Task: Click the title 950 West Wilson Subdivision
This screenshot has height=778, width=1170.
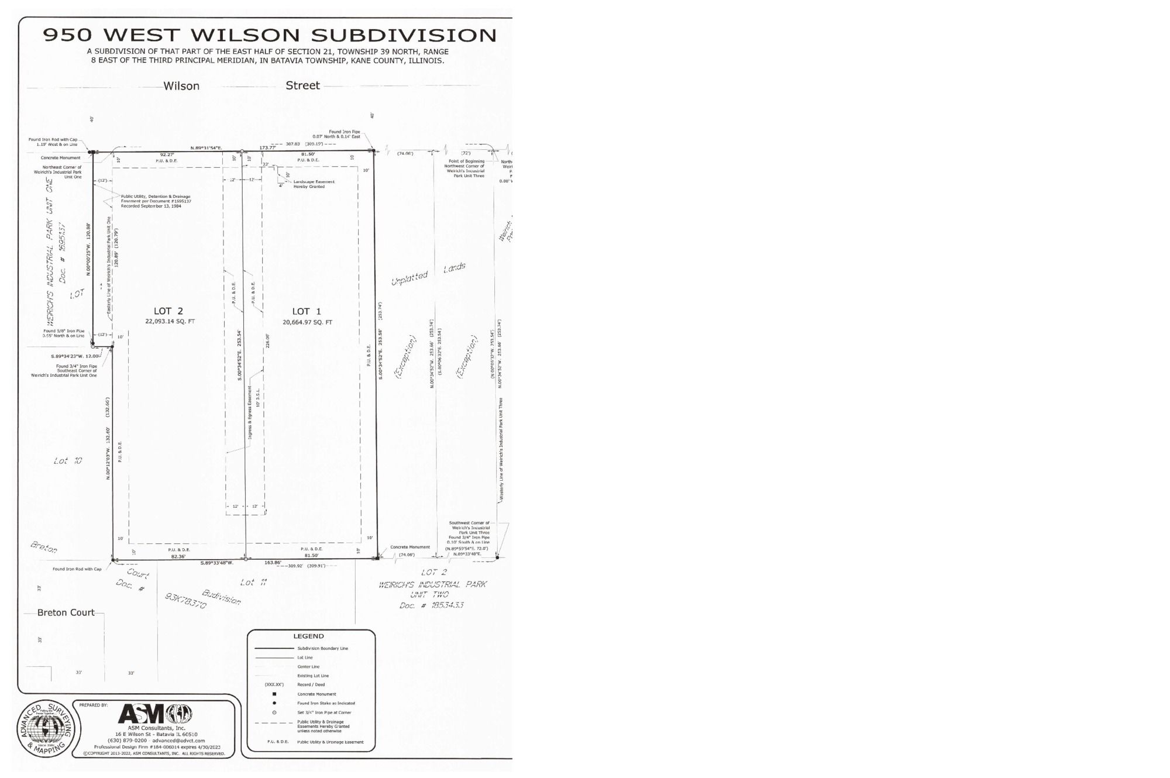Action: coord(270,35)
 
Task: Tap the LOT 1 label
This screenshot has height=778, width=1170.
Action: coord(307,311)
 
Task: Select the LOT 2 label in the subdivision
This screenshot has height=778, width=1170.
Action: coord(168,311)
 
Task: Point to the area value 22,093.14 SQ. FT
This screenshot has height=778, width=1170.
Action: coord(170,321)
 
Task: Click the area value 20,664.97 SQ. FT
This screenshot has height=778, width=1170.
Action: coord(307,322)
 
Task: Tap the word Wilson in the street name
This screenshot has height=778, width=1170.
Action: coord(181,86)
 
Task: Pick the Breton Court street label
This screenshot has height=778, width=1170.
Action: coord(66,612)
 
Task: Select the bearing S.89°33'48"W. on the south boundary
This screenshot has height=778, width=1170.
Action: coord(217,563)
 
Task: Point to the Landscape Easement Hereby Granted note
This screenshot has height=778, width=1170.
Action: coord(314,184)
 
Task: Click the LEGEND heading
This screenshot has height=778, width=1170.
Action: coord(308,636)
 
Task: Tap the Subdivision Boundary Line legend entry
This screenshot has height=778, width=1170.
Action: coord(322,648)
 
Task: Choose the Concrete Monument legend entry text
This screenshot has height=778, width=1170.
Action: coord(316,694)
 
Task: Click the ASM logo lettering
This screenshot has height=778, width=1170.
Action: coord(142,714)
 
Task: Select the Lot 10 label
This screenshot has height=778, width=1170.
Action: coord(68,461)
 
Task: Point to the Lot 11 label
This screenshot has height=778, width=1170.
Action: coord(254,582)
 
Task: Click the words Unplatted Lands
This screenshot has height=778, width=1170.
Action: coord(428,273)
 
